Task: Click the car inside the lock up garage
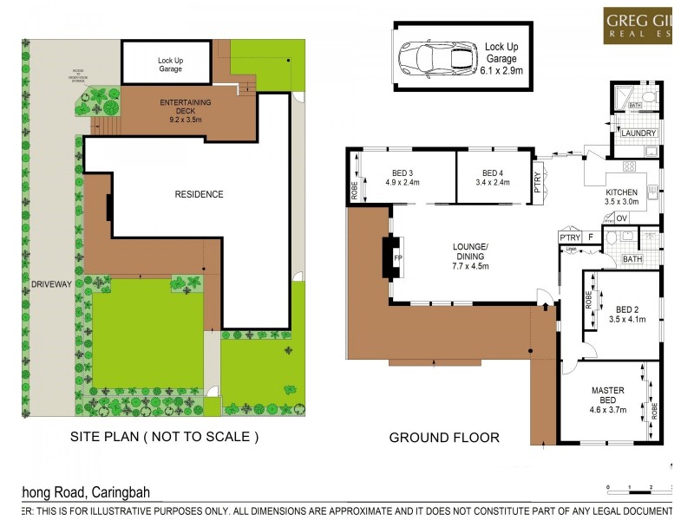tap(437, 57)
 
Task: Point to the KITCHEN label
tap(621, 192)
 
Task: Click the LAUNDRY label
tap(638, 133)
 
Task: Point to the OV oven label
tap(621, 218)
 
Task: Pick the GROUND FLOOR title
tap(443, 438)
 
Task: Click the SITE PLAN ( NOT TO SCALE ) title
tap(164, 438)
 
